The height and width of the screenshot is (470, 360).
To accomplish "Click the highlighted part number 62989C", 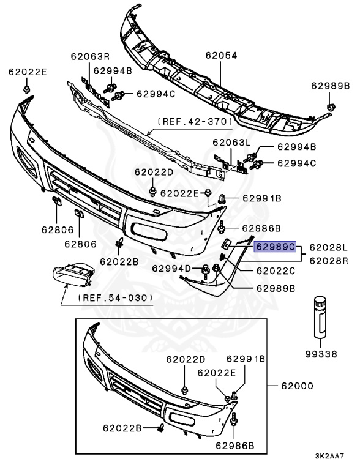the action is [275, 247].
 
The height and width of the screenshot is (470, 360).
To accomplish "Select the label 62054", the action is [221, 56].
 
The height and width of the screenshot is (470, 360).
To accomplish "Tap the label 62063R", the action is [90, 56].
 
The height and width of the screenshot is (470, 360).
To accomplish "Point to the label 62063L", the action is [231, 143].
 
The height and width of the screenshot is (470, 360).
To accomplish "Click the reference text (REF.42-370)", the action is [195, 121].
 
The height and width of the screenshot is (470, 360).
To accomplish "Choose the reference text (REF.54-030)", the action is [116, 298].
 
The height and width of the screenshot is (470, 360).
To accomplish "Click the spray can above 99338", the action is [320, 317].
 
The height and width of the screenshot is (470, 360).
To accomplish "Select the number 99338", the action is [321, 354].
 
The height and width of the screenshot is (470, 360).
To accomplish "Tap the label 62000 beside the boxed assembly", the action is [297, 386].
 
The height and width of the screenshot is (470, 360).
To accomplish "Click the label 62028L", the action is [329, 247].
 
